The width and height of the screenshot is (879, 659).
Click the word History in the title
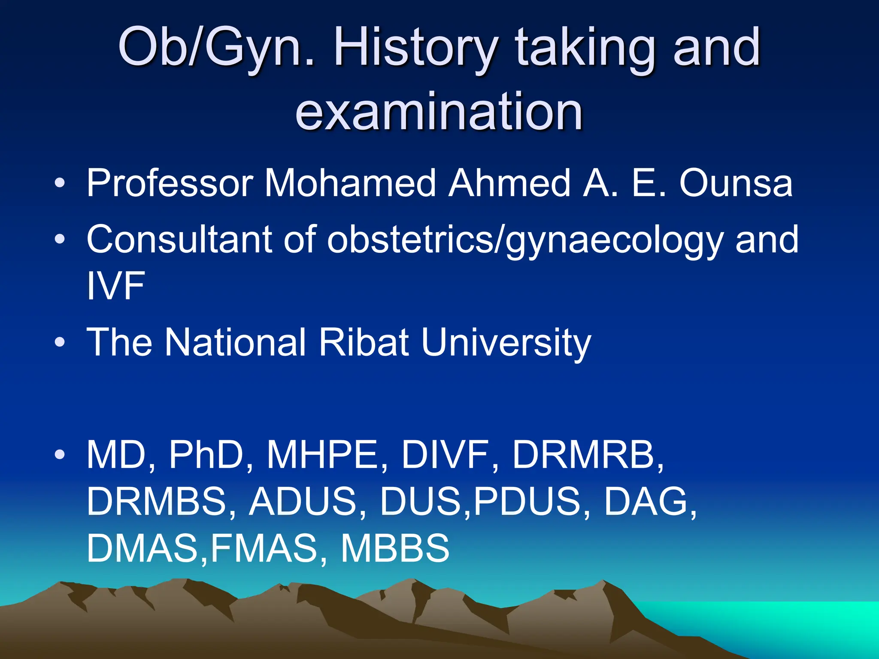[x=415, y=48]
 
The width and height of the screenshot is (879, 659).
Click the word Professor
[x=170, y=184]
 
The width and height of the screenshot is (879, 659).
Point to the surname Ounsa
[x=736, y=184]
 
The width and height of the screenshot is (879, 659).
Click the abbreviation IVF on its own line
[x=115, y=286]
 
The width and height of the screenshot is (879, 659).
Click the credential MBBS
[x=395, y=548]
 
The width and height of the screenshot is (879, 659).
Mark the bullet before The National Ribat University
[x=60, y=342]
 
